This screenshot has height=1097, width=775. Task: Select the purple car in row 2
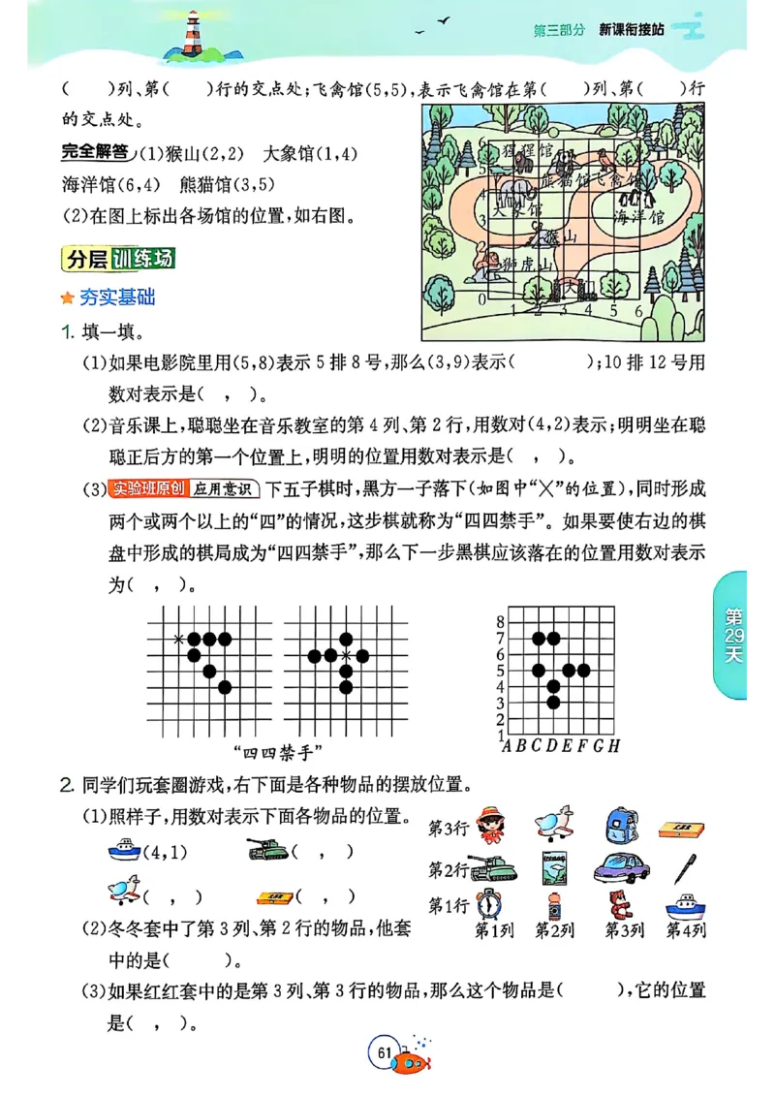pyautogui.click(x=620, y=866)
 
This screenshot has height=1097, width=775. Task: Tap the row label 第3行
pyautogui.click(x=449, y=829)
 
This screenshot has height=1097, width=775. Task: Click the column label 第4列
pyautogui.click(x=686, y=930)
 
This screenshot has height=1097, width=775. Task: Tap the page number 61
pyautogui.click(x=384, y=1052)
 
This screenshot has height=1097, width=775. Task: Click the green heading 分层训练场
pyautogui.click(x=117, y=260)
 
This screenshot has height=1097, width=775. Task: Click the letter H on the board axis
pyautogui.click(x=614, y=745)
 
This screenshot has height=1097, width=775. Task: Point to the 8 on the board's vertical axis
pyautogui.click(x=500, y=621)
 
